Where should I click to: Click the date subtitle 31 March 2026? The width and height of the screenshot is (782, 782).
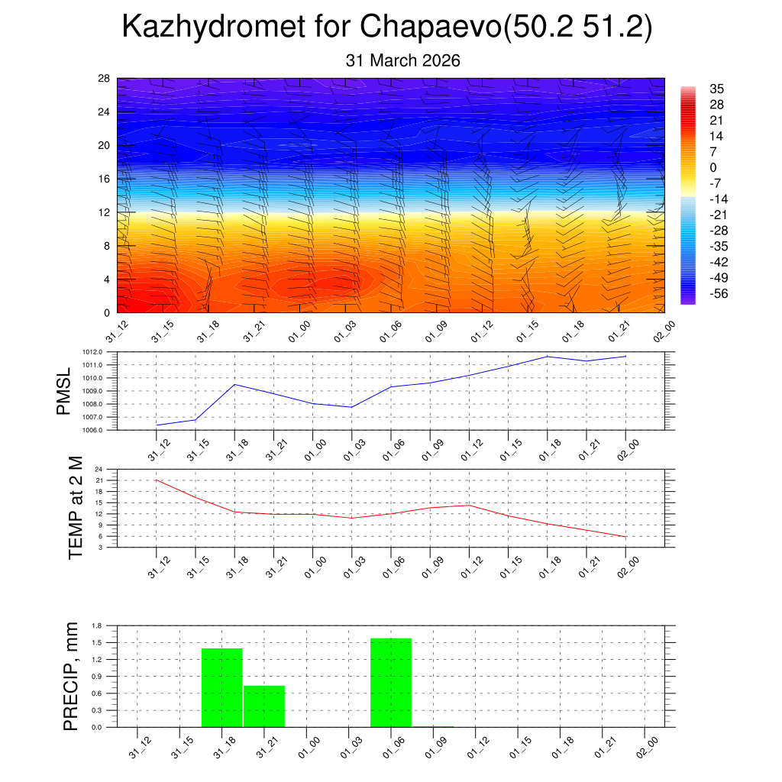click(402, 60)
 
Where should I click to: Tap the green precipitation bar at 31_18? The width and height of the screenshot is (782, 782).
click(221, 687)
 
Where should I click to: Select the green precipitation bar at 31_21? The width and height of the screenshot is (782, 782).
click(264, 706)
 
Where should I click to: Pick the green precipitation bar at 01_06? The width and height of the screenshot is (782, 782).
click(391, 683)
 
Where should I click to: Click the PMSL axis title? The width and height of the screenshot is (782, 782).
click(63, 391)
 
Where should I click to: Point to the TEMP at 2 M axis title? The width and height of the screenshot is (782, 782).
click(76, 507)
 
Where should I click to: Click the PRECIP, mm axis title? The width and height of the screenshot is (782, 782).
click(71, 676)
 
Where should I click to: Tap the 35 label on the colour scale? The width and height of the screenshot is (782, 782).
click(716, 89)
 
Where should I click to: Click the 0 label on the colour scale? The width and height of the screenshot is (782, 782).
click(713, 168)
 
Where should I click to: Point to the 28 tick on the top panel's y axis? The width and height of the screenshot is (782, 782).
click(104, 79)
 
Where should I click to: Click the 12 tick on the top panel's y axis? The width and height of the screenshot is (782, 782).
click(104, 212)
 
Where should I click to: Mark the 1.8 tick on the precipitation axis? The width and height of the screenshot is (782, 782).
click(98, 625)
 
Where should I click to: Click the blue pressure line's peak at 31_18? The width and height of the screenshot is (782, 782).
click(234, 384)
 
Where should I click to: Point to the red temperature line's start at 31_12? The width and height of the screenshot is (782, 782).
click(156, 480)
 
